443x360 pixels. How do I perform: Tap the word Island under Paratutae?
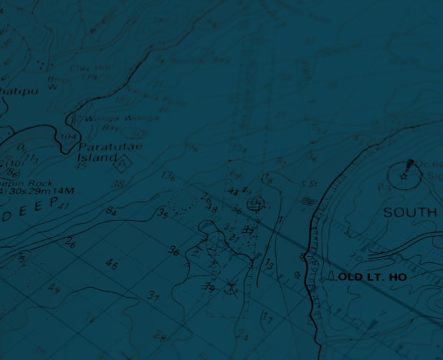96,157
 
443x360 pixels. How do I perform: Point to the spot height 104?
68,137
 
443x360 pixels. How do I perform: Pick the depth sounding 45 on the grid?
112,265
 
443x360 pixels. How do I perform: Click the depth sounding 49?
54,289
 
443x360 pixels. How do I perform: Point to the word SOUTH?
410,212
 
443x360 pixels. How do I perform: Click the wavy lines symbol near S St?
308,201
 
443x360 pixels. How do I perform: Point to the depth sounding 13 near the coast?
269,265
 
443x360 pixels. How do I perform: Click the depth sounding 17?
267,317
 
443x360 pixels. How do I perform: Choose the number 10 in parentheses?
14,163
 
